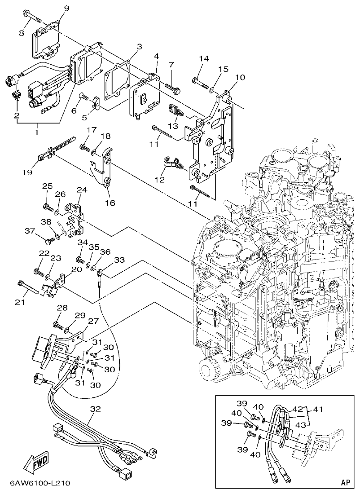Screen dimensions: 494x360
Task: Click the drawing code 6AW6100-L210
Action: pos(40,484)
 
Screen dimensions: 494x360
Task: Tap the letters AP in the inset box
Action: pos(345,482)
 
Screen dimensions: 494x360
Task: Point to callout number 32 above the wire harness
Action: pos(95,409)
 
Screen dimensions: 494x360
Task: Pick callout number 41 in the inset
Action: pos(318,410)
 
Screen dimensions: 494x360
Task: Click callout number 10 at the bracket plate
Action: pos(240,77)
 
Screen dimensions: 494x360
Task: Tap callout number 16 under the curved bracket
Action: pos(110,203)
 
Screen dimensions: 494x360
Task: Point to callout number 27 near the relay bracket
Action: pos(92,321)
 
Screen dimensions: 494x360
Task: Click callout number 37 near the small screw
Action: pos(30,231)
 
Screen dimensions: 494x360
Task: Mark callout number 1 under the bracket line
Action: pos(36,132)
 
